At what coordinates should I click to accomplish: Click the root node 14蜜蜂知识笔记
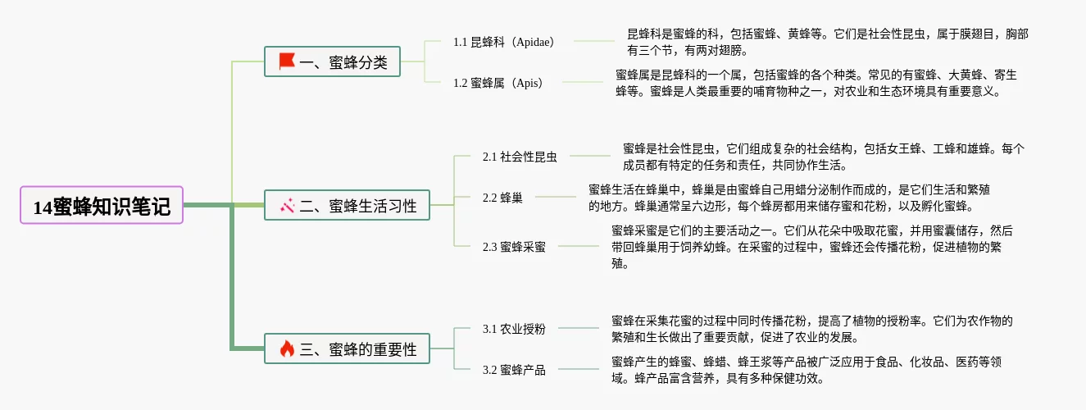(x=102, y=205)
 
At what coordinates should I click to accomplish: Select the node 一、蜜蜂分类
(x=332, y=61)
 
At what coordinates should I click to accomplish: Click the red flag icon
(x=286, y=61)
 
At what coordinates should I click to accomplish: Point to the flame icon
(x=286, y=349)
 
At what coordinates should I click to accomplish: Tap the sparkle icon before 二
(x=286, y=206)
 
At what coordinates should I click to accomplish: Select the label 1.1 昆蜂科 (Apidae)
(x=503, y=42)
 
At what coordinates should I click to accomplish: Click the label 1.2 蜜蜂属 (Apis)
(x=498, y=83)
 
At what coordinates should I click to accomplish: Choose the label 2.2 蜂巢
(x=502, y=198)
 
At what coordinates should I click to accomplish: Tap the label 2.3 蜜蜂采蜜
(x=514, y=247)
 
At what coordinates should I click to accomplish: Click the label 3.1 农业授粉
(x=514, y=329)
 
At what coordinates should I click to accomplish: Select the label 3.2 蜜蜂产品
(x=514, y=370)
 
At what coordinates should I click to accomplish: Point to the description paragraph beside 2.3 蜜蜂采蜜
(x=811, y=247)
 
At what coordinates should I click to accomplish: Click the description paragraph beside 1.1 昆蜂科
(x=828, y=42)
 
